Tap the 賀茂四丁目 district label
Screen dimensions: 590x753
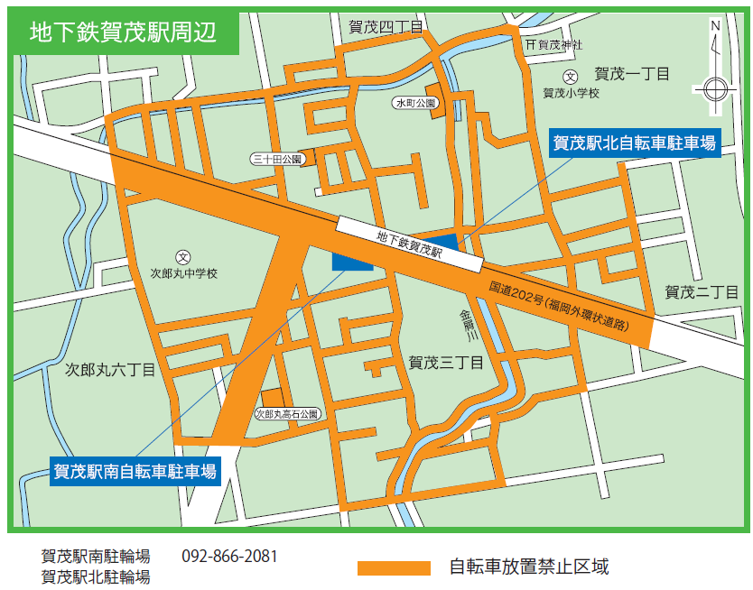[385, 28]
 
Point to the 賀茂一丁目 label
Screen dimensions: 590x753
[631, 73]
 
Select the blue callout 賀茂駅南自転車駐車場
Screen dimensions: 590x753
[135, 470]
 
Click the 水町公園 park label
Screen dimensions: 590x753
[415, 103]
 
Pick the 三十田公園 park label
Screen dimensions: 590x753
[275, 159]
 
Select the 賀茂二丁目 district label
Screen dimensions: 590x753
[702, 291]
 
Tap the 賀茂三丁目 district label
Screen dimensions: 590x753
[446, 363]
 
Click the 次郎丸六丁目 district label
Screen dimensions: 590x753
[111, 369]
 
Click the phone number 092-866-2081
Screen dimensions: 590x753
[229, 556]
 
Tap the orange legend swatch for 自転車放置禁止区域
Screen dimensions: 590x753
[394, 567]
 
